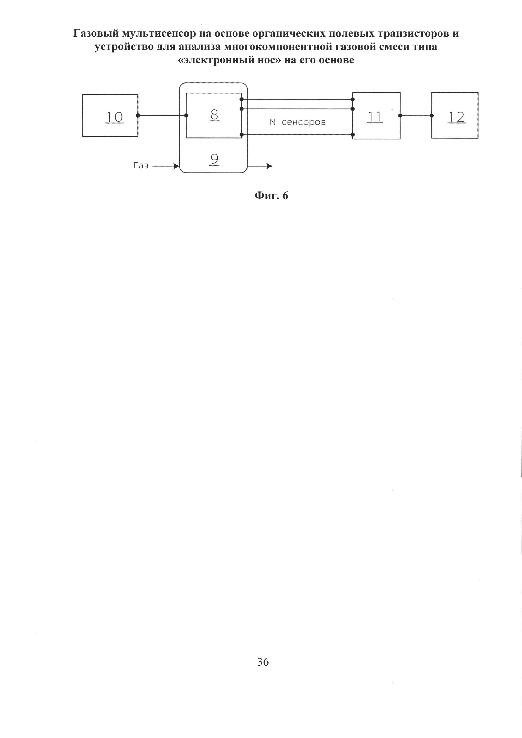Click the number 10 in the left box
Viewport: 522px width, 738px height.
coord(115,117)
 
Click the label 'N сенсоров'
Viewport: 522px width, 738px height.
coord(298,122)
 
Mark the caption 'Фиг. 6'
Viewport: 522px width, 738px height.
coord(271,196)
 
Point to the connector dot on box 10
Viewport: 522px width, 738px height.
coord(138,115)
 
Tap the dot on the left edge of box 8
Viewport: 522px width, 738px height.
coord(186,115)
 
